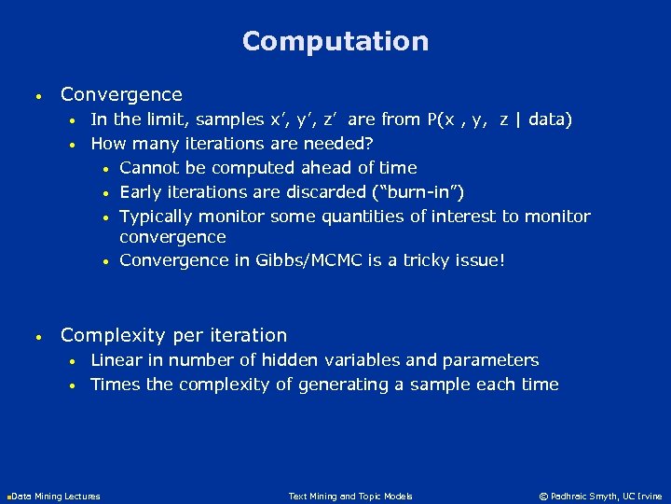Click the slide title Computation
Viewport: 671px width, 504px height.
pos(335,41)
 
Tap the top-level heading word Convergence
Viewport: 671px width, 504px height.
pos(121,94)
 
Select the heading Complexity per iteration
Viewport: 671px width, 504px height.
pos(173,335)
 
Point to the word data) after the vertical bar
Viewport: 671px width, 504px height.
pos(551,119)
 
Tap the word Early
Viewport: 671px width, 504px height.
pos(141,192)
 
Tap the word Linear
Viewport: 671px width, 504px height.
pos(116,360)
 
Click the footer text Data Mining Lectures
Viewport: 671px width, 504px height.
pos(55,497)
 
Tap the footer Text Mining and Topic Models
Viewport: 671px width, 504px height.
pos(350,497)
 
